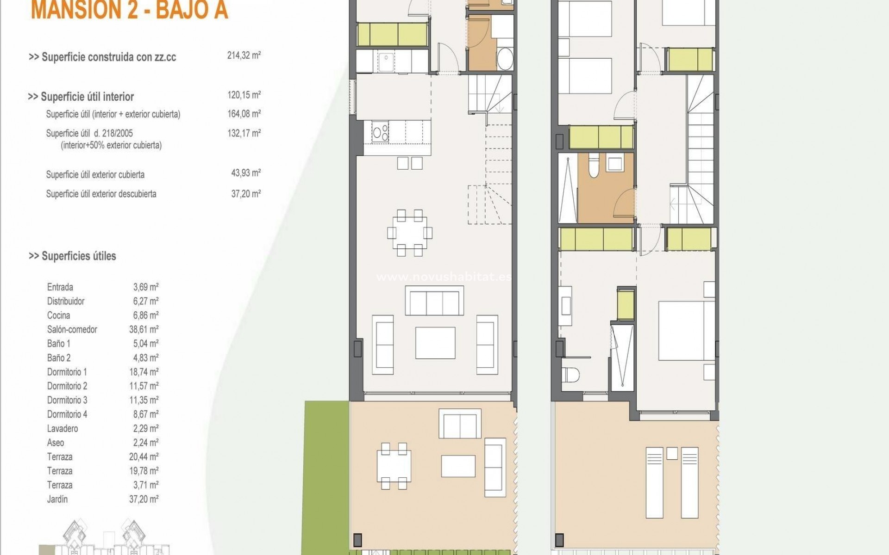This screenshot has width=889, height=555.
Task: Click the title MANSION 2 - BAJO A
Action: point(129,10)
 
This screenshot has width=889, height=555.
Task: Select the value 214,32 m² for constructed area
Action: point(244,56)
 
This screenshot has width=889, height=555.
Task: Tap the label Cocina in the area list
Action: point(58,315)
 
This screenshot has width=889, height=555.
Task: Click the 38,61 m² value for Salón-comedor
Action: point(144,330)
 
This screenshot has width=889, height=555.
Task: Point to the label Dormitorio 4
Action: point(67,414)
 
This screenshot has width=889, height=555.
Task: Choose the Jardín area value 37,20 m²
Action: point(144,499)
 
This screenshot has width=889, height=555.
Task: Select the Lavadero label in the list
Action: point(63,429)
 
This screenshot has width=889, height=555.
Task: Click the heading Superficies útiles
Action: point(72,256)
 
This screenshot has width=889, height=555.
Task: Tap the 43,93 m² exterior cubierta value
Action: point(246,173)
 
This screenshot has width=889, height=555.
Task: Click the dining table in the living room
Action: point(410,233)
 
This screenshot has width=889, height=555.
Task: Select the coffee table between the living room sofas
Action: point(435,343)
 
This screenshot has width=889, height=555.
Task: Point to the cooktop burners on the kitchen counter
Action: point(381,132)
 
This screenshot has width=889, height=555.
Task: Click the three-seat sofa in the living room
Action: point(434,301)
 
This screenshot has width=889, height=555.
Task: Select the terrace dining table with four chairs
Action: point(394,466)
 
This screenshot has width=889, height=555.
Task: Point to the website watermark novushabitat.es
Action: point(444,277)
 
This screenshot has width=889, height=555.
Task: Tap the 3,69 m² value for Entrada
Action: point(146,287)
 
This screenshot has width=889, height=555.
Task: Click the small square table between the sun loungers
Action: point(672,453)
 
